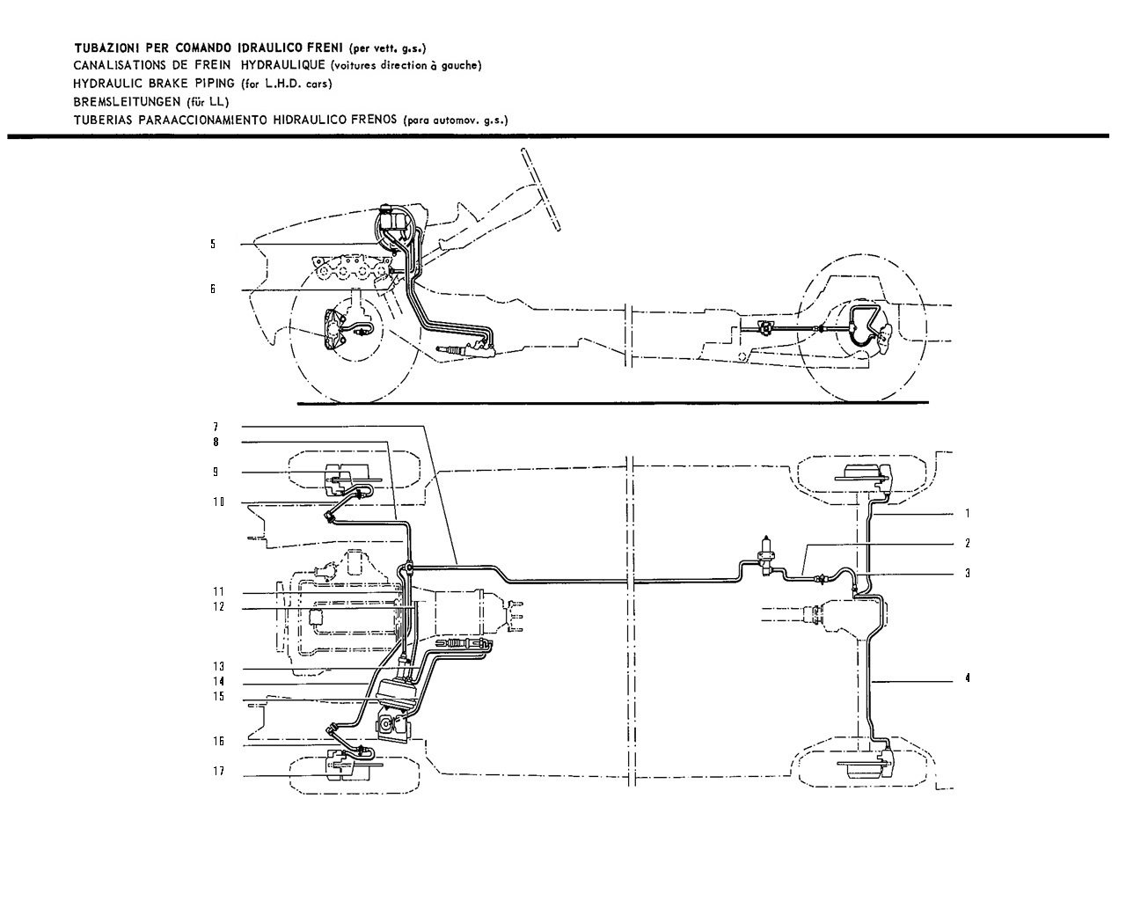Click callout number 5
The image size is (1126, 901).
[213, 244]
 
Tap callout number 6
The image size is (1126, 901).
[213, 289]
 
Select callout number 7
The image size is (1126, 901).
[216, 428]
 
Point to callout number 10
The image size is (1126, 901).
[219, 502]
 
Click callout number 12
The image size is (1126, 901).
[219, 607]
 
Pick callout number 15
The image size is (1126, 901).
[219, 696]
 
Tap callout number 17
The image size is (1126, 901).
[219, 771]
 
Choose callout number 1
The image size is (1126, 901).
[968, 514]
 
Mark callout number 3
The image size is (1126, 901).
[968, 574]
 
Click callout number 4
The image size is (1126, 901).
[968, 678]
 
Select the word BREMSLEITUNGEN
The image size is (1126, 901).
[126, 101]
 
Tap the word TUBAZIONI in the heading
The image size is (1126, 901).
[106, 48]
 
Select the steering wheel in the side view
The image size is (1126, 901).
[541, 189]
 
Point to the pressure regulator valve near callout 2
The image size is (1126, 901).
[767, 556]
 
